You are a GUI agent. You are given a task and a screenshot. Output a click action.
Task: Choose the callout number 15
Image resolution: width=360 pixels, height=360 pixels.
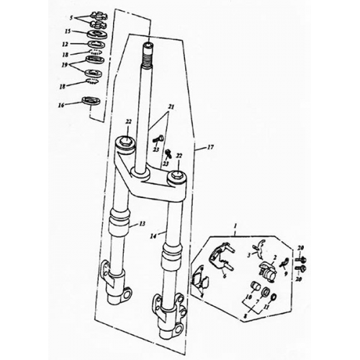[x=67, y=32]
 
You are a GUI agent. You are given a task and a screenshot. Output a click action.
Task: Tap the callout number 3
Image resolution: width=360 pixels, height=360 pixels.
[x=248, y=255]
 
